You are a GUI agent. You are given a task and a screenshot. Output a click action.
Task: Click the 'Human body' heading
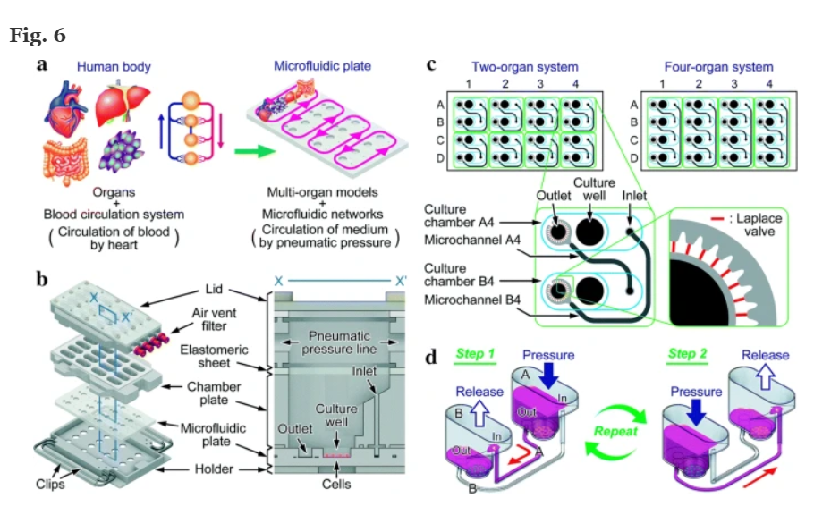pyautogui.click(x=114, y=66)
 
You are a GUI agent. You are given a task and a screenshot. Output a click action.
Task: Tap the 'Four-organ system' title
pyautogui.click(x=718, y=67)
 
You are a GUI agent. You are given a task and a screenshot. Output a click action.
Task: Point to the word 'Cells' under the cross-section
pyautogui.click(x=336, y=484)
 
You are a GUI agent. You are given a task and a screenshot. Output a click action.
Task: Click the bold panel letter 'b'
pyautogui.click(x=42, y=279)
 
